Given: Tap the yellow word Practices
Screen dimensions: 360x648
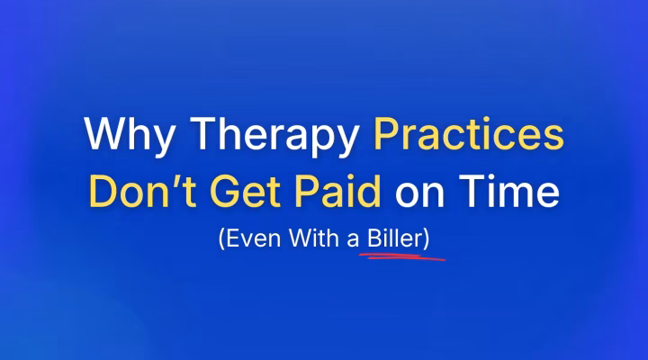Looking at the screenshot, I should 467,136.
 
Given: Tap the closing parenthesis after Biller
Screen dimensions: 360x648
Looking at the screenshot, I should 440,241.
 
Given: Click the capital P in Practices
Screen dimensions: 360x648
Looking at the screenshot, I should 382,136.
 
